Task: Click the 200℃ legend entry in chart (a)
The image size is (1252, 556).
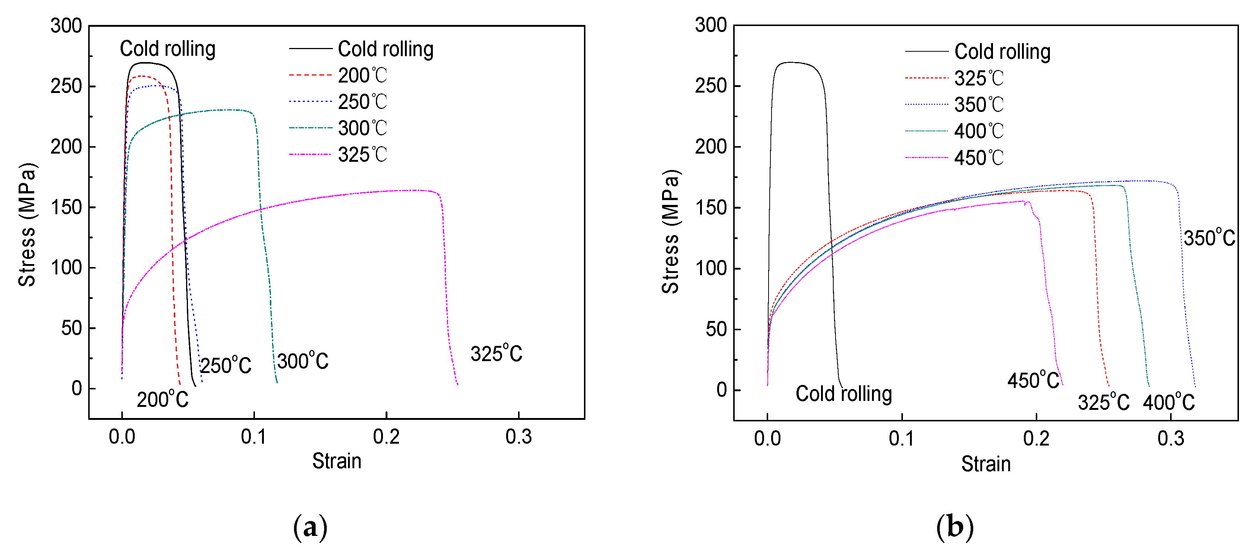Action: pos(362,75)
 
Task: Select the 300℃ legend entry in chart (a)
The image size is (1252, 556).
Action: pos(362,128)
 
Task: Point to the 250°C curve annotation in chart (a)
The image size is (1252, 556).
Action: pos(226,366)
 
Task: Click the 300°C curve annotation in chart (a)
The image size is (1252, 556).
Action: pos(303,361)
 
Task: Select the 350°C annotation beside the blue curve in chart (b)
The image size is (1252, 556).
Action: pos(1209,238)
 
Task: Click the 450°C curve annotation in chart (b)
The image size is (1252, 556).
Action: pos(1033,380)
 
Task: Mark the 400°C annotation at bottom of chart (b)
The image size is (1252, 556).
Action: pos(1168,402)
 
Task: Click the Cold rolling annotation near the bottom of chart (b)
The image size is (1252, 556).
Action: pos(843,394)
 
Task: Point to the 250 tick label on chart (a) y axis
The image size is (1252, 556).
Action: pos(66,86)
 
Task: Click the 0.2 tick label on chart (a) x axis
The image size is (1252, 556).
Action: pos(386,437)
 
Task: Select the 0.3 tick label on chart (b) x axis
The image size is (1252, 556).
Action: pos(1170,438)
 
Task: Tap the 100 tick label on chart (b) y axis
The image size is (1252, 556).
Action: pos(710,269)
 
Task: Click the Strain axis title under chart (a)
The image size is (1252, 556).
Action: pos(336,461)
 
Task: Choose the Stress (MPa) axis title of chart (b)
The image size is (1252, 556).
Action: pos(670,232)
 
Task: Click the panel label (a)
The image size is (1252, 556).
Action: pos(310,527)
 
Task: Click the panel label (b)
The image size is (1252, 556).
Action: pos(955,527)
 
